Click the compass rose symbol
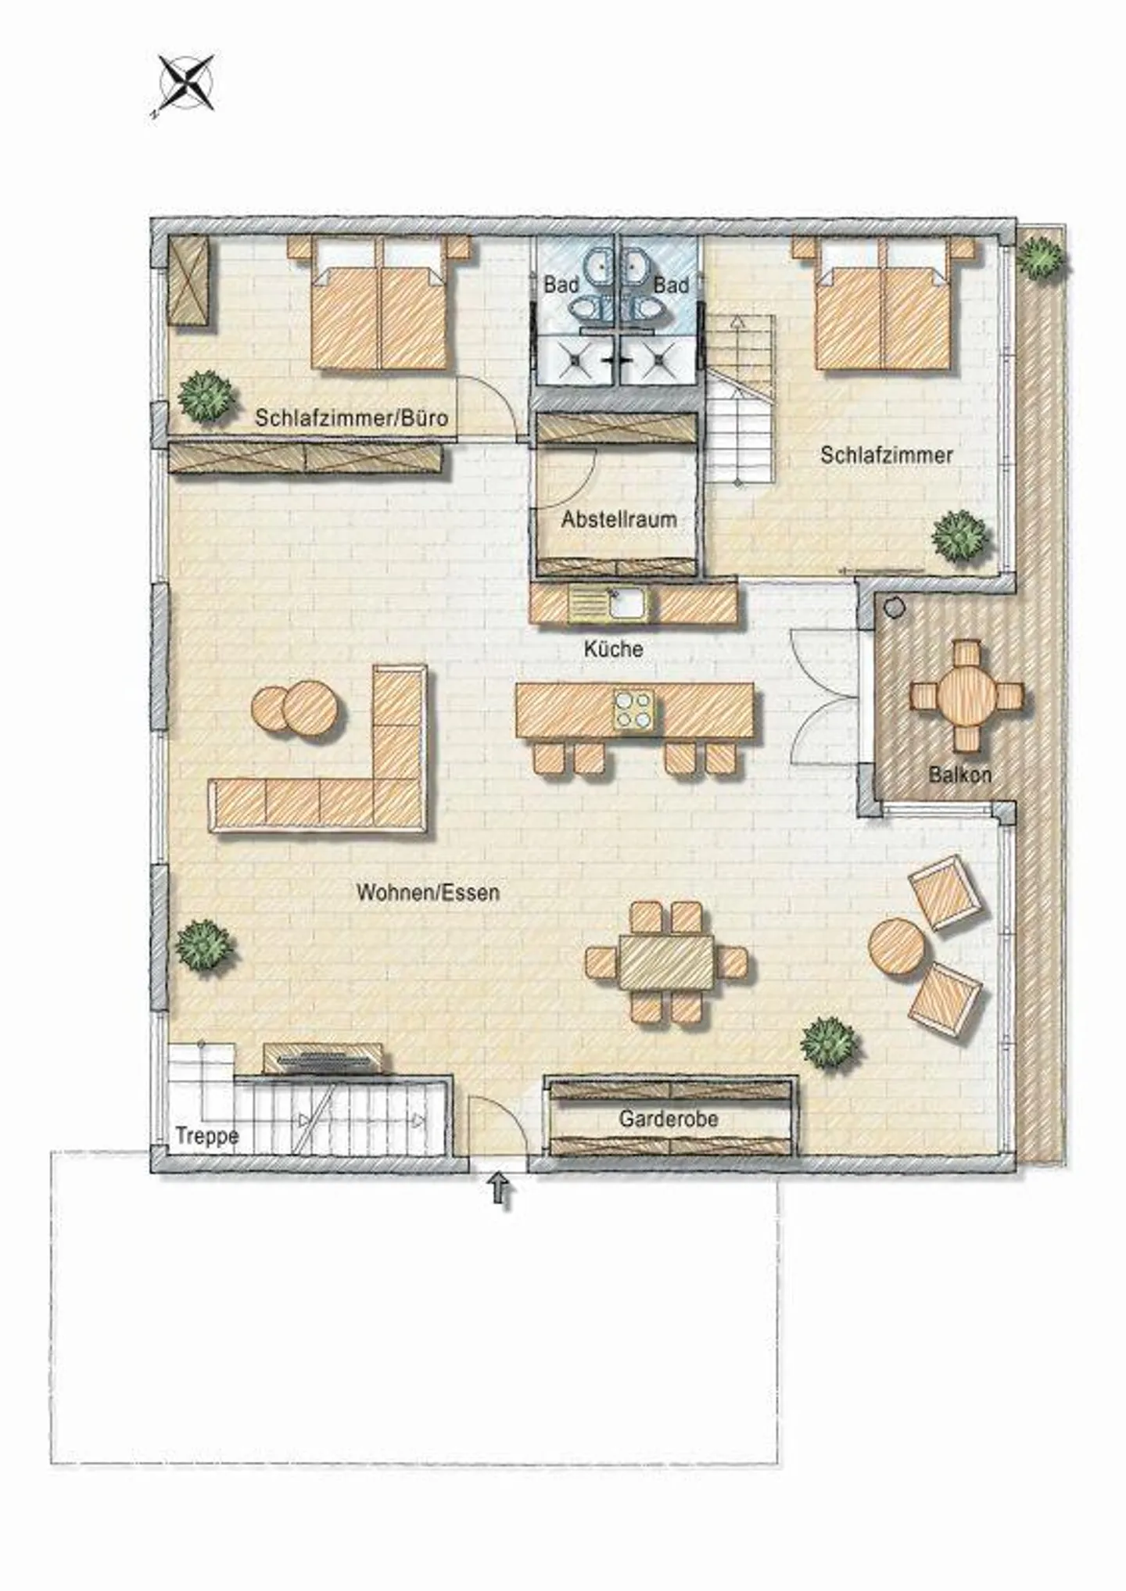(x=187, y=83)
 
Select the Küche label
(x=613, y=648)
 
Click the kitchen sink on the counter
(x=627, y=603)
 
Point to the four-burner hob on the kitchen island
(x=633, y=710)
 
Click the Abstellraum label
(x=619, y=519)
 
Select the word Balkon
(x=959, y=775)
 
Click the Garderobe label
(x=668, y=1119)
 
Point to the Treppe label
(x=206, y=1135)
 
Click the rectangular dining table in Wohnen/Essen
(x=665, y=962)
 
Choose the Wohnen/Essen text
(x=428, y=892)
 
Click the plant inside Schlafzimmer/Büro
(x=206, y=397)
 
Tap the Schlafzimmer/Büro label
(x=351, y=417)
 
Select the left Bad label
(x=560, y=285)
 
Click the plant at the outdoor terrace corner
(x=1041, y=256)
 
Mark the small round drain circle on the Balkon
(x=894, y=607)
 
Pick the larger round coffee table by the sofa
(x=311, y=708)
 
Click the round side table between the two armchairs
(x=896, y=947)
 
